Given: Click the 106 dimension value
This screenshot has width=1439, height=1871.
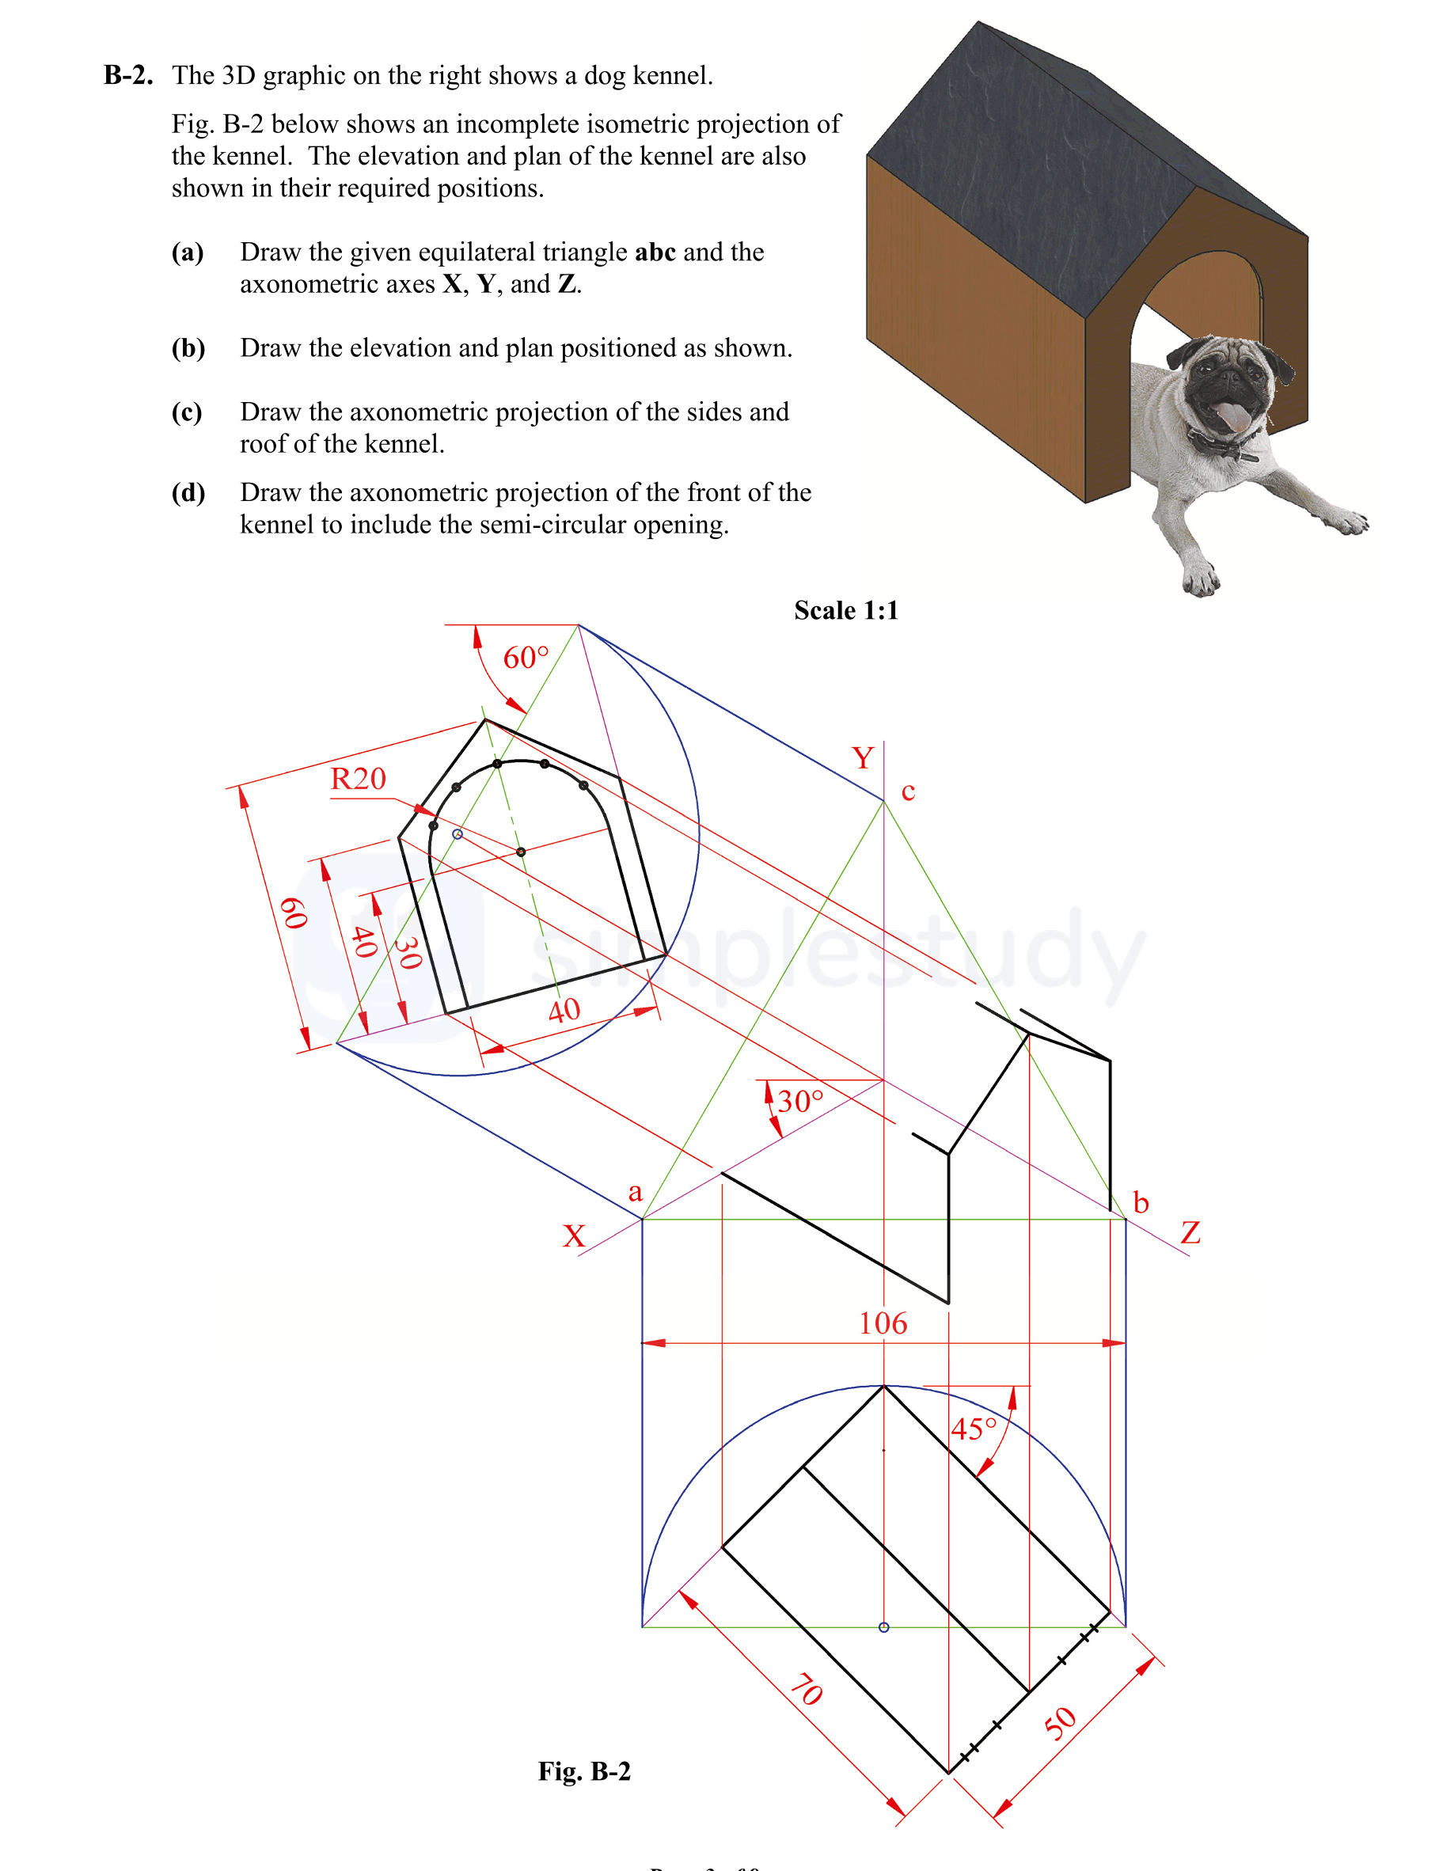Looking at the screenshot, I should pos(883,1324).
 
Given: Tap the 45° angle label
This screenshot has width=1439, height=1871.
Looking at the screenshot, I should pos(974,1429).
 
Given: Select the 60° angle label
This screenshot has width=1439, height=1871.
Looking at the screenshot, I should pos(525,658).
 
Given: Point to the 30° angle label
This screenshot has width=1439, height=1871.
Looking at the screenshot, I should pos(800,1100).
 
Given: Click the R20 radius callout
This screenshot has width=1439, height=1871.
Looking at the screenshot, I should pos(358,778).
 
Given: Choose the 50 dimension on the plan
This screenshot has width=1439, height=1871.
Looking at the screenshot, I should pos(1061,1723).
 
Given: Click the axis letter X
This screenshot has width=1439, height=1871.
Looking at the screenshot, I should pos(574,1235).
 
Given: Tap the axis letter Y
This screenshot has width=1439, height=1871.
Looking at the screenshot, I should pos(863,758).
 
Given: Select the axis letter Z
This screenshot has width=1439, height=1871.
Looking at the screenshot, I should pos(1190,1233).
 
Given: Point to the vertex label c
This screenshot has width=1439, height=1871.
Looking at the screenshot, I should pos(908,792).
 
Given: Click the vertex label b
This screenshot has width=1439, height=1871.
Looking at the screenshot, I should pos(1140,1202).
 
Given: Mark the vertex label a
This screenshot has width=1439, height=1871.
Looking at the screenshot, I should pos(635,1192).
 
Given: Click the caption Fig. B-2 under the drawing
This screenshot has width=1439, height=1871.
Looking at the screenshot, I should pos(584,1770).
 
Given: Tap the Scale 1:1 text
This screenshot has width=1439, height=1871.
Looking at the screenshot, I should pos(845,610).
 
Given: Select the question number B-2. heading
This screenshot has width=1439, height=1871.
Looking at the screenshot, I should pos(128,75).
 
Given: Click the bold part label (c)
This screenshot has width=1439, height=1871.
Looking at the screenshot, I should pos(187,412).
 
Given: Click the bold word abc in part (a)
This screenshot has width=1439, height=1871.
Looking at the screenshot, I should pos(655,252).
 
